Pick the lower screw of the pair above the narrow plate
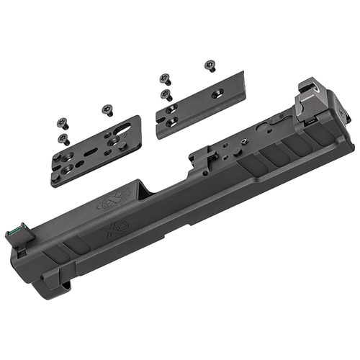[165, 94]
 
